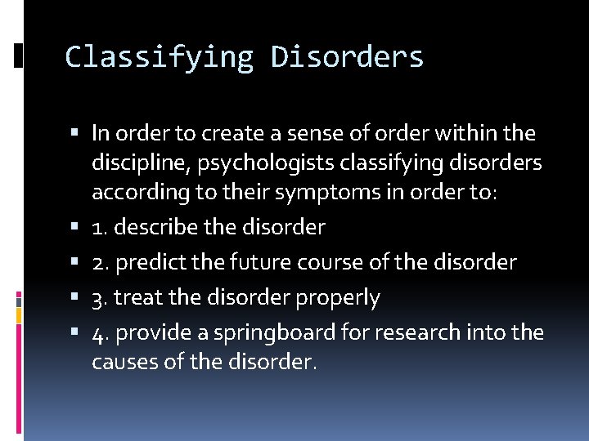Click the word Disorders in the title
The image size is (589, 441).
pyautogui.click(x=348, y=57)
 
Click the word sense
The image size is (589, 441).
pyautogui.click(x=284, y=132)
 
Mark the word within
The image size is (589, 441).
pyautogui.click(x=468, y=132)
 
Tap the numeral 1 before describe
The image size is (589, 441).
pyautogui.click(x=98, y=226)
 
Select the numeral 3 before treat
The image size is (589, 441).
pyautogui.click(x=98, y=298)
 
